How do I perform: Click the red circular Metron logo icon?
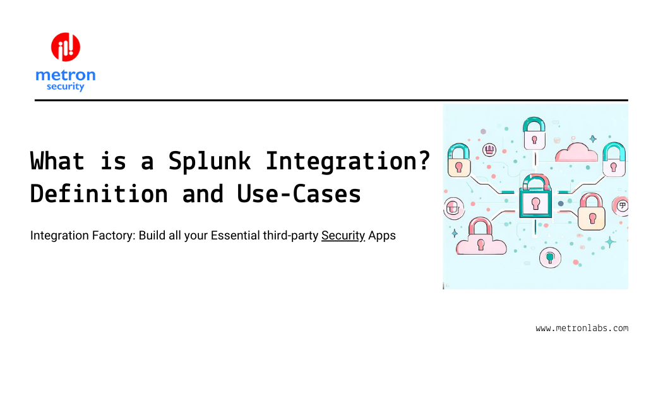[66, 47]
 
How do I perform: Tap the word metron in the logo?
[66, 75]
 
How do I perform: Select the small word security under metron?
[65, 87]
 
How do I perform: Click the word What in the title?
[57, 161]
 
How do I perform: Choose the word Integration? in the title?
[348, 161]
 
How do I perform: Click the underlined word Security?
[343, 236]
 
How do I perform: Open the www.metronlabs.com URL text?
[582, 328]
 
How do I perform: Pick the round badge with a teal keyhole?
[550, 257]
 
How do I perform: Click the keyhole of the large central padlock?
[535, 203]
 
